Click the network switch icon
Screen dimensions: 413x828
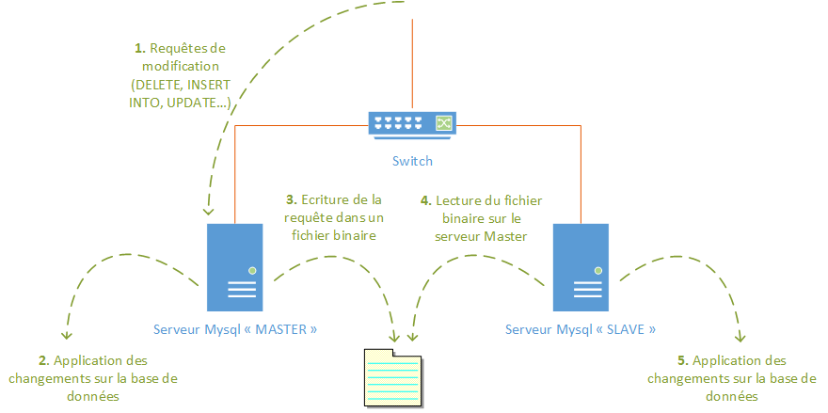click(x=412, y=123)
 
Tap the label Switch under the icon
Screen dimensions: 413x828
click(x=412, y=161)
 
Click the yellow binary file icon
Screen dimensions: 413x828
click(x=393, y=376)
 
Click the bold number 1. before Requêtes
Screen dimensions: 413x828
click(x=140, y=47)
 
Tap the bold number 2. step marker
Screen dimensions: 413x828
click(x=44, y=360)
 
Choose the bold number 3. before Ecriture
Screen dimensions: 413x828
click(x=292, y=199)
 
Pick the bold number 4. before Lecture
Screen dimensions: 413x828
click(x=425, y=199)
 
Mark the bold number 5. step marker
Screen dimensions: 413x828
click(x=683, y=360)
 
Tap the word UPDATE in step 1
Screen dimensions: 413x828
click(x=188, y=103)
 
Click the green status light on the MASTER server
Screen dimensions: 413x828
click(x=252, y=270)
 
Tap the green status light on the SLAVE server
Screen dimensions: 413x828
click(x=597, y=270)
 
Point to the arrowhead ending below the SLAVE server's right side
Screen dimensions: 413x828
click(x=740, y=336)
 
